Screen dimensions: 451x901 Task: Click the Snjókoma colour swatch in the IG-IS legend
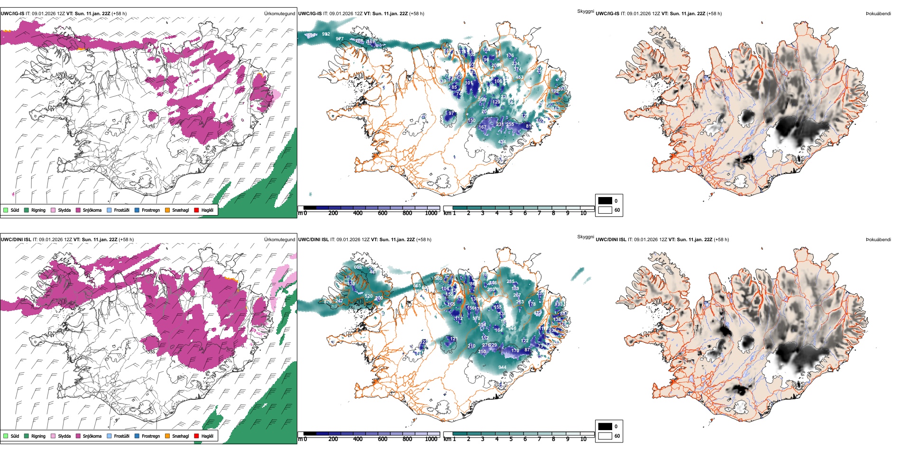(78, 210)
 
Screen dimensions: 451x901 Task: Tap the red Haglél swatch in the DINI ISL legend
(196, 436)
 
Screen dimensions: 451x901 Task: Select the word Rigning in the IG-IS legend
(38, 210)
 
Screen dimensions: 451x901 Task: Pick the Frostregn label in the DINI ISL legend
(151, 436)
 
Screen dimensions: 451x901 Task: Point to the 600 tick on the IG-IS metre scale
(382, 213)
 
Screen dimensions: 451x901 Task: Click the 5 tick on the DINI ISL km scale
(511, 439)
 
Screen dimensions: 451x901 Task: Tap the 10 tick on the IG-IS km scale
(583, 213)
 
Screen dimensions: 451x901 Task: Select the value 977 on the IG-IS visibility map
(340, 39)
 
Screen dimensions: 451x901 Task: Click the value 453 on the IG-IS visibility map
(519, 77)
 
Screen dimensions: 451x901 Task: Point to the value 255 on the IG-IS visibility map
(510, 124)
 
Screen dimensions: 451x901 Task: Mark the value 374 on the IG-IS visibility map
(517, 69)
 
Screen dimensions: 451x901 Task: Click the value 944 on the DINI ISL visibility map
(502, 367)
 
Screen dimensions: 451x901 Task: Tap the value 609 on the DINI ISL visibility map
(358, 267)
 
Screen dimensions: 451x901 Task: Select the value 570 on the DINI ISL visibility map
(476, 319)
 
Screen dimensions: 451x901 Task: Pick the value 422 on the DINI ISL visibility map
(537, 313)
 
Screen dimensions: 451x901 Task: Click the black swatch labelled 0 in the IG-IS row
(605, 201)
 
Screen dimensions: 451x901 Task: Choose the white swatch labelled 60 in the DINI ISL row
(605, 436)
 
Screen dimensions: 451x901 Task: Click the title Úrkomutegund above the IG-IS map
(279, 14)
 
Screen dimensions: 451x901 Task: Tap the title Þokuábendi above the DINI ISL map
(878, 240)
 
